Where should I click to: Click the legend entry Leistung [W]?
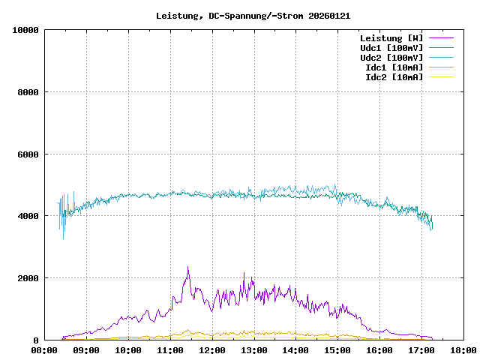tap(391, 37)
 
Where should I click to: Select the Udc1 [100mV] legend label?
tap(391, 47)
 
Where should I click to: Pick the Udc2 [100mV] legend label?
tap(391, 57)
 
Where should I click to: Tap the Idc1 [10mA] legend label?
tap(394, 67)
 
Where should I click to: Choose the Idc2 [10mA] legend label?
tap(394, 76)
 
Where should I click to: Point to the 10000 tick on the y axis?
tap(25, 30)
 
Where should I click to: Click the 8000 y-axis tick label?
tap(28, 92)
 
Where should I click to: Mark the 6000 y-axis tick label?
tap(28, 154)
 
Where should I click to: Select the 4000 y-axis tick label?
tap(28, 216)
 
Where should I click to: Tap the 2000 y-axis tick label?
tap(28, 278)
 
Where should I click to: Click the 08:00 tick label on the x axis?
tap(45, 349)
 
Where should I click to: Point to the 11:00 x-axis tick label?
tap(170, 349)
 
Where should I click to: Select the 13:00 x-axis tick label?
tap(254, 349)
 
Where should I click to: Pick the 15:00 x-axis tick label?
tap(337, 349)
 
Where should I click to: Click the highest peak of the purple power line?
tap(188, 267)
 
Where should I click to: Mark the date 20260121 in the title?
tap(329, 15)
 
